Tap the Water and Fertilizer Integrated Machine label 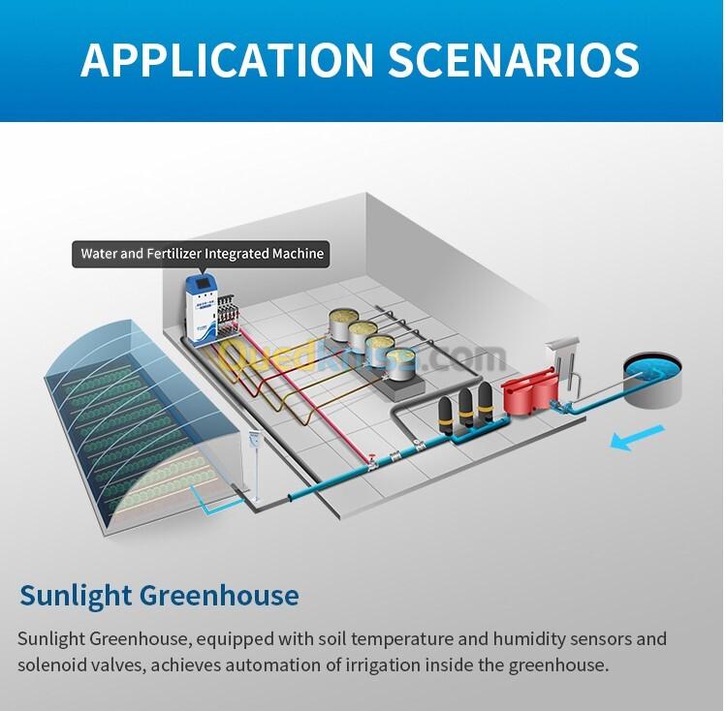[x=202, y=255]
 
